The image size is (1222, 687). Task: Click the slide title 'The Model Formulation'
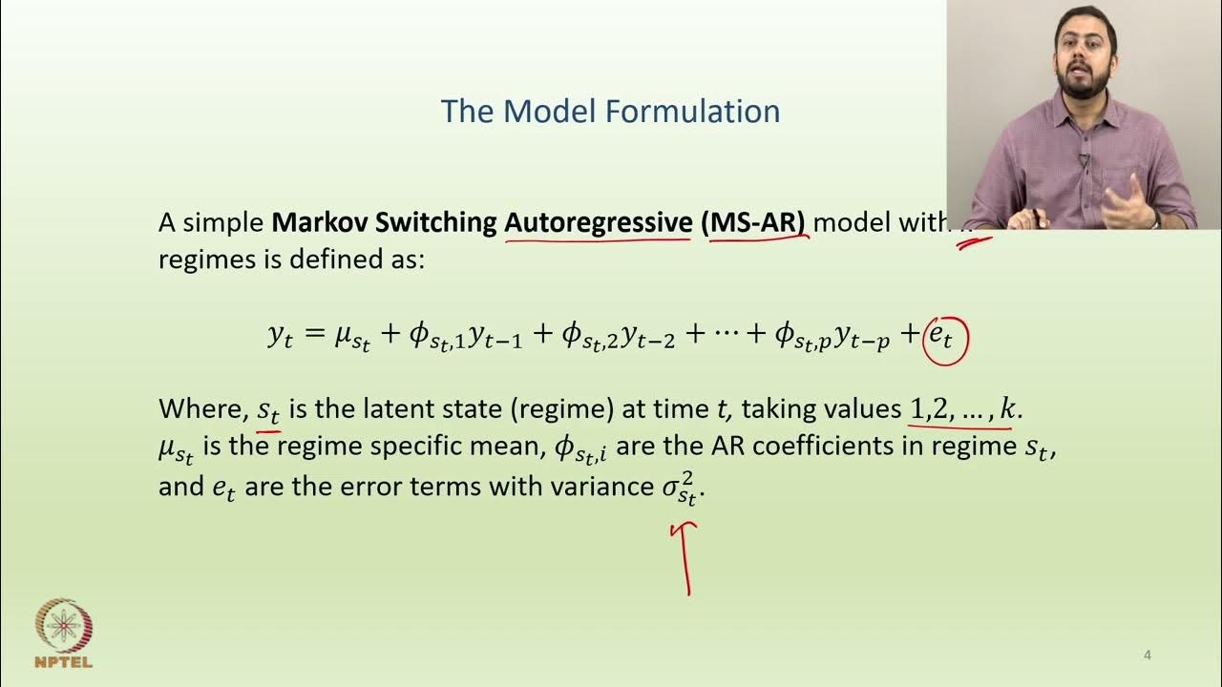610,112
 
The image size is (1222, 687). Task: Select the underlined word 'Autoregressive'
598,222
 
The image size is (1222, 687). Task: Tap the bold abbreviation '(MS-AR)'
753,222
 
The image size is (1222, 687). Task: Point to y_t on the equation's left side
280,337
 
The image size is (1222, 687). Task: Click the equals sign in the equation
313,335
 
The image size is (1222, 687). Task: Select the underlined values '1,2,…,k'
963,410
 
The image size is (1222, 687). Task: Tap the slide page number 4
1148,656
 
